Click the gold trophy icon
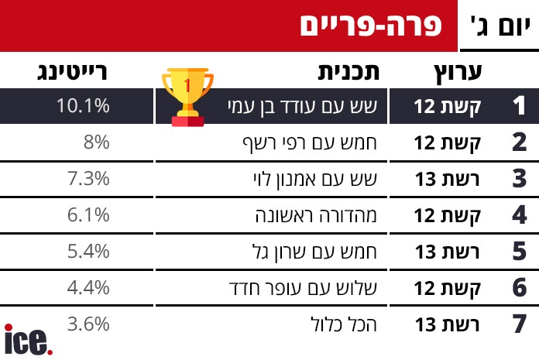click(187, 98)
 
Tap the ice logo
click(28, 339)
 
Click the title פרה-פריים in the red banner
click(371, 26)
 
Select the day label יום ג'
click(500, 26)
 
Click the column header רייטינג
click(72, 72)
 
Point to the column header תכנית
click(348, 72)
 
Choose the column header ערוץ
click(458, 73)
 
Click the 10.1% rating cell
click(83, 105)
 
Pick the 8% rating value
click(97, 142)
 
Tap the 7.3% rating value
click(88, 179)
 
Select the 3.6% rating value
click(88, 324)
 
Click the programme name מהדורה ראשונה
click(316, 215)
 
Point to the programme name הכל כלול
click(344, 324)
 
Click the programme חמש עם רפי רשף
click(310, 142)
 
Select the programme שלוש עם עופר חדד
click(303, 288)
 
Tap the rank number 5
click(519, 252)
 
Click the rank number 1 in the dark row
click(519, 105)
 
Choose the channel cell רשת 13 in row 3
click(447, 179)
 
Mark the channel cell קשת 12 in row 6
click(447, 288)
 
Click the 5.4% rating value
click(88, 252)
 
